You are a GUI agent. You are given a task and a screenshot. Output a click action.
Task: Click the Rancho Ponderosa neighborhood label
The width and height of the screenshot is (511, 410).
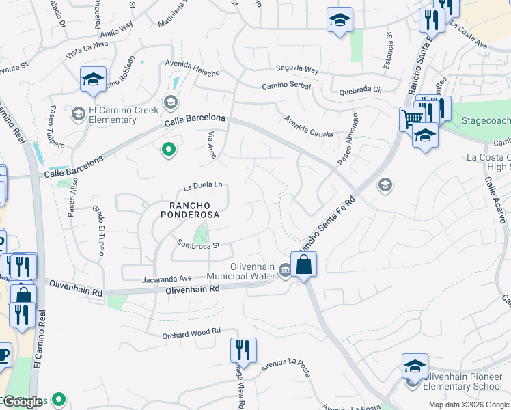190,209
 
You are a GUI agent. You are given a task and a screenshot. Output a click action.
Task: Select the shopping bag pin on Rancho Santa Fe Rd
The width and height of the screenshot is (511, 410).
303,263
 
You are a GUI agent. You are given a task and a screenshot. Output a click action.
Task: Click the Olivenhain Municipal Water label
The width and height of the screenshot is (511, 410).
243,271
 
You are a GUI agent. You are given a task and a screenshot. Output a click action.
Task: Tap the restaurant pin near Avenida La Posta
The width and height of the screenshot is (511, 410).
243,351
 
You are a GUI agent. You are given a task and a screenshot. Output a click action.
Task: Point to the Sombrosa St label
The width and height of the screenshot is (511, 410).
198,244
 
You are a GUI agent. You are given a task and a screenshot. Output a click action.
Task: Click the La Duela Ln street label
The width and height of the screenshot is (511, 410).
203,185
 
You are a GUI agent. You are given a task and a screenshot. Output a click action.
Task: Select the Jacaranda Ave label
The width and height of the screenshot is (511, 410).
167,279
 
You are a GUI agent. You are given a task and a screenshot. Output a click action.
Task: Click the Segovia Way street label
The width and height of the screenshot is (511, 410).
297,70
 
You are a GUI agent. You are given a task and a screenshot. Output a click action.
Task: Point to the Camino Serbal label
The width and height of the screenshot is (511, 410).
286,85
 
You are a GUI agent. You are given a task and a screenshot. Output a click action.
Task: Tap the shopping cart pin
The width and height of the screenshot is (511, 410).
412,119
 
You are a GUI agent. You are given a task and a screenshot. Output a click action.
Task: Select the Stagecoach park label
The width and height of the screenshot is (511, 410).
486,120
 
